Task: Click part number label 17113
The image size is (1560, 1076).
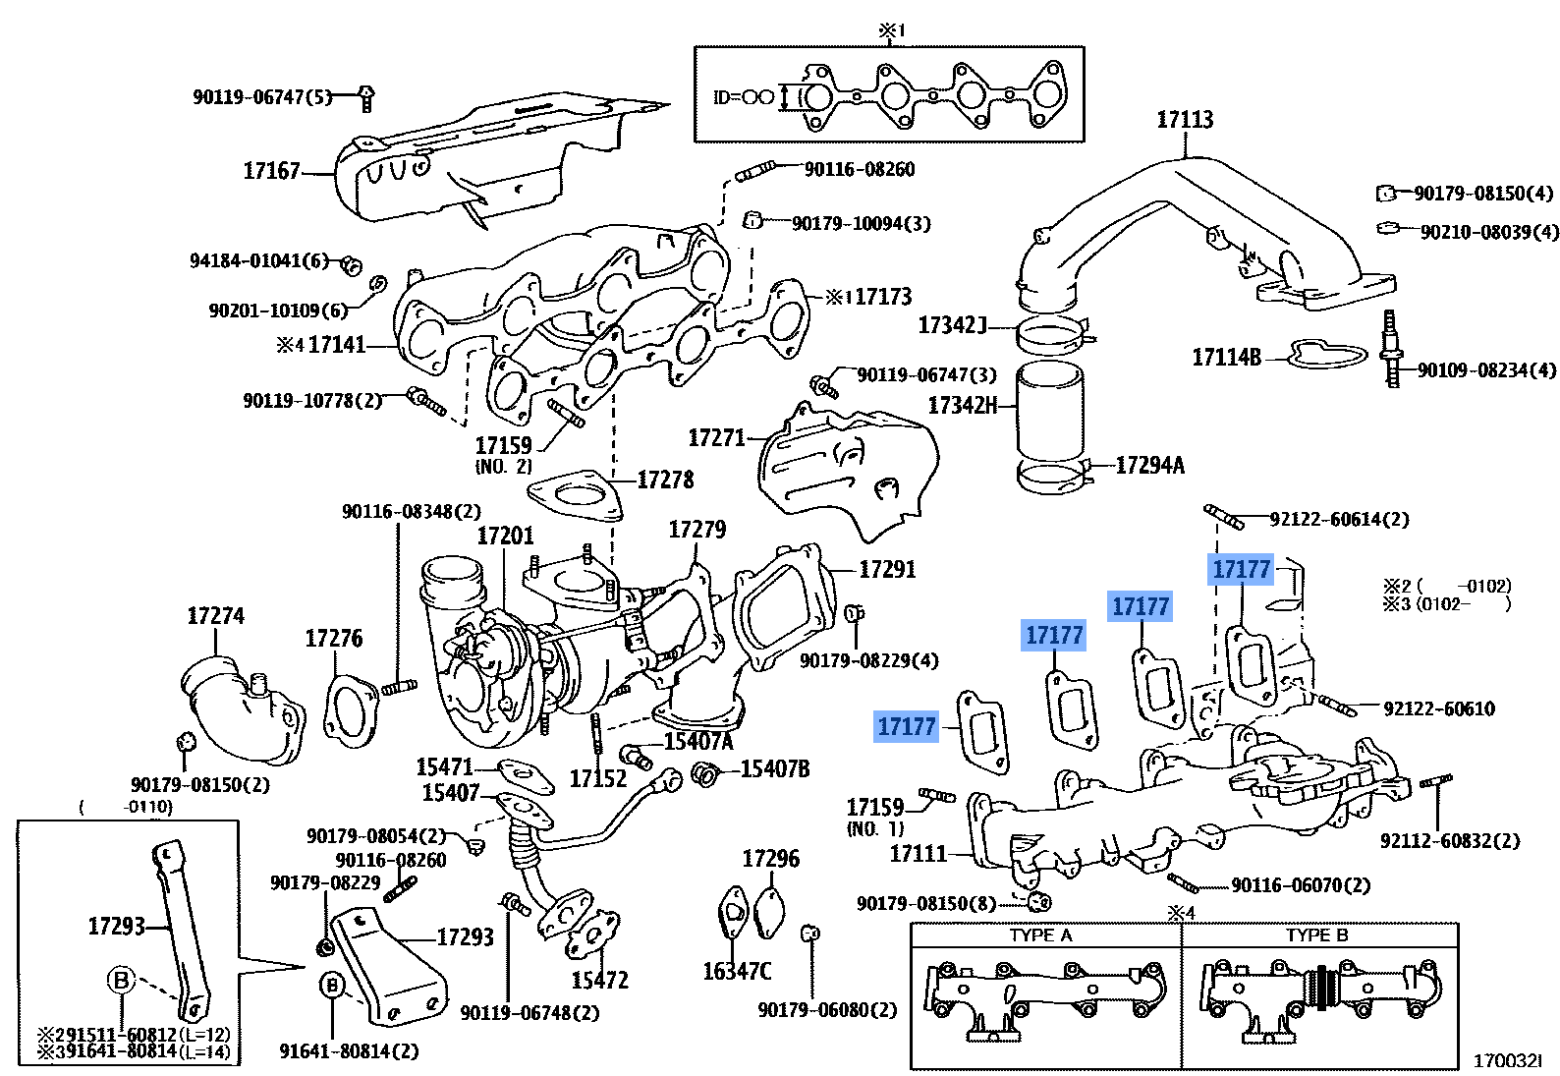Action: click(1185, 120)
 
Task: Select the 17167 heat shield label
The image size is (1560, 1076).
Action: click(271, 171)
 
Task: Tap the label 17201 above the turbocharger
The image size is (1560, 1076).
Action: click(505, 536)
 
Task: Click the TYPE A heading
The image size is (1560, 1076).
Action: click(1040, 935)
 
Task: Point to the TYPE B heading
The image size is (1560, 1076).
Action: click(1316, 935)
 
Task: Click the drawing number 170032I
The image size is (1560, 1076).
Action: click(1507, 1061)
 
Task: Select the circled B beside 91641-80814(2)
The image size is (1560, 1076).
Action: click(333, 985)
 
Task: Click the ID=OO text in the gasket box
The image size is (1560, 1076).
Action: click(744, 97)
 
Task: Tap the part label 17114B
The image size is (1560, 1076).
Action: click(1226, 358)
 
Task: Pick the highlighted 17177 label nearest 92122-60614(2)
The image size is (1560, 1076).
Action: click(1241, 570)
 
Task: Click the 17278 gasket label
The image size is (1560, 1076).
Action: click(665, 480)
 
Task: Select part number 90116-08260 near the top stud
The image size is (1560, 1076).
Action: click(860, 169)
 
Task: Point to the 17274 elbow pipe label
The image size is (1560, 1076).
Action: click(215, 616)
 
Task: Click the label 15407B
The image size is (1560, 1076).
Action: click(775, 769)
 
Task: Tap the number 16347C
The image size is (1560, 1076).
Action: click(737, 972)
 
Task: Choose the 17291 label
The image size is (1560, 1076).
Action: click(886, 570)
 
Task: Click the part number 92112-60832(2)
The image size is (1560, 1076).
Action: click(1449, 841)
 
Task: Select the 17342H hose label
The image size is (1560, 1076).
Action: click(962, 406)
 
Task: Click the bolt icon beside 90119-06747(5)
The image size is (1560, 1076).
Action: click(365, 98)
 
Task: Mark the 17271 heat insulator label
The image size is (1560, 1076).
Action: click(716, 438)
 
